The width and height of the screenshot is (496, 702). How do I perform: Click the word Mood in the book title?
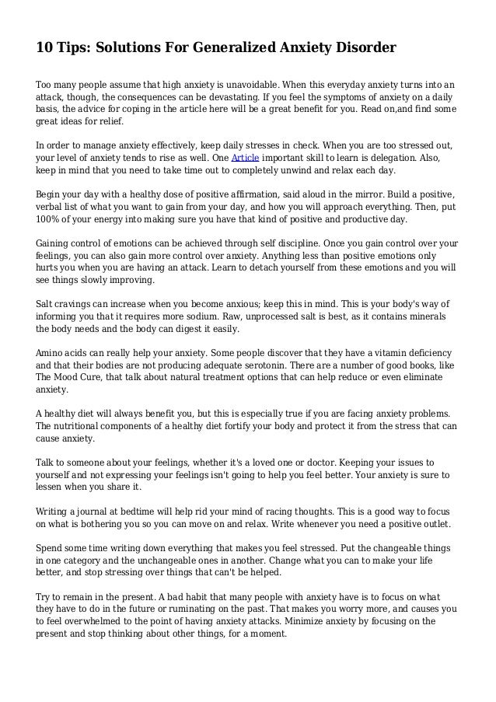click(72, 377)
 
